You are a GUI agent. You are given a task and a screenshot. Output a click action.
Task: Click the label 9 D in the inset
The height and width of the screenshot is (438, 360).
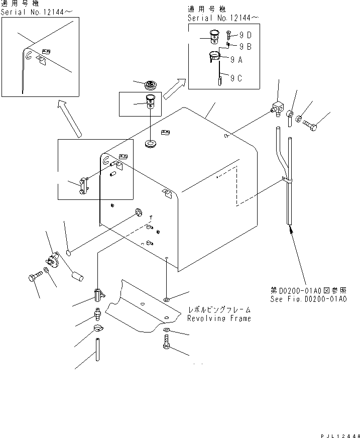(245, 36)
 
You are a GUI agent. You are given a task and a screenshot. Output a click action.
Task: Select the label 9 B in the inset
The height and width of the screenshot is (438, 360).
(245, 47)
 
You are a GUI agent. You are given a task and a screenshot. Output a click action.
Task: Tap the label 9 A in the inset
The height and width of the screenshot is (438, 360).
(236, 59)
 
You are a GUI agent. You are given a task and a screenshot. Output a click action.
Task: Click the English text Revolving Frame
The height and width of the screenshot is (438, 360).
(219, 318)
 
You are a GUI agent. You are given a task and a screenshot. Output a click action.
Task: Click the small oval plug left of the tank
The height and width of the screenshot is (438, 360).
(70, 250)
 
